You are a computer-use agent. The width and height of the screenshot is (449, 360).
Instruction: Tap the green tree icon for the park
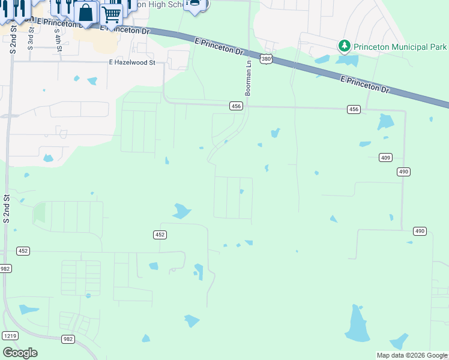[x=344, y=46]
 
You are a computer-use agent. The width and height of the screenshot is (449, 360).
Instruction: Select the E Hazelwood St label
[x=132, y=62]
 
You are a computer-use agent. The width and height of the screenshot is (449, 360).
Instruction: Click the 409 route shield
[x=386, y=157]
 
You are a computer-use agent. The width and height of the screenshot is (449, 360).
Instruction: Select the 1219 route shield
[x=10, y=335]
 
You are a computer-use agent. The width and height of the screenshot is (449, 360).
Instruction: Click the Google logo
[x=20, y=353]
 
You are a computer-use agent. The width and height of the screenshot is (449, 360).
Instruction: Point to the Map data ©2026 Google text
[x=412, y=355]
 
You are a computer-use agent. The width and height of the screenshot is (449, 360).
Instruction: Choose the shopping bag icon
[x=86, y=13]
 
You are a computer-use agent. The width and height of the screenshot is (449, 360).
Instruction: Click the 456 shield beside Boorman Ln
[x=236, y=106]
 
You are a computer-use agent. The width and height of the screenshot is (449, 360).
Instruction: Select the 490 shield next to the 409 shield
[x=403, y=172]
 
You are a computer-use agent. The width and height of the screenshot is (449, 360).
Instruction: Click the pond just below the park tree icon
[x=347, y=60]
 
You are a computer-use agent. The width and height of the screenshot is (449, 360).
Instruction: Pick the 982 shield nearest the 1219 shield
[x=68, y=339]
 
